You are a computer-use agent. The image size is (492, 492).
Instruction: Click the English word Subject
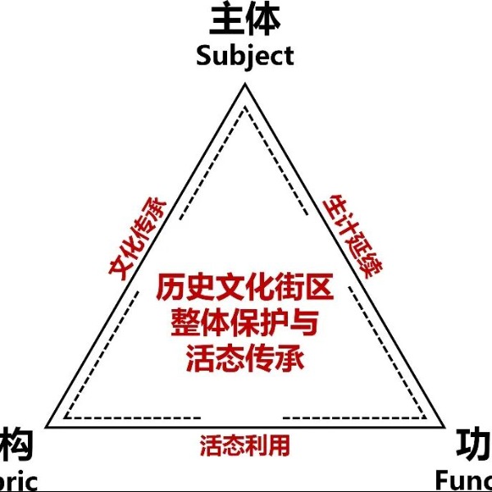point(244,56)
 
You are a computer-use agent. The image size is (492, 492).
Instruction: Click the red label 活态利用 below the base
point(244,445)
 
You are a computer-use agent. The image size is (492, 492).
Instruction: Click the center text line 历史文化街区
point(244,289)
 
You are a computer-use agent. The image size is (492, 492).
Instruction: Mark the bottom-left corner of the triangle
point(47,426)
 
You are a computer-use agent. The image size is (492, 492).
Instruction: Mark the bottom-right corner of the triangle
point(444,426)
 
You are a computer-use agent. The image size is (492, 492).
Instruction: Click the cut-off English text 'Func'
point(463,479)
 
